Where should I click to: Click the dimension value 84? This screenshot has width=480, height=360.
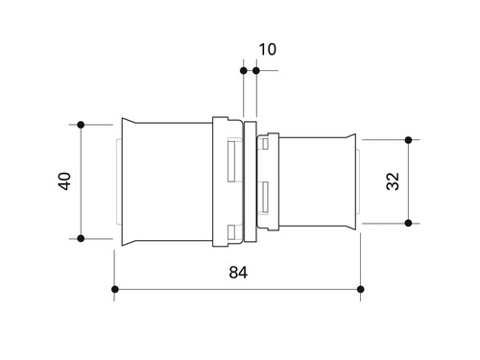(238, 273)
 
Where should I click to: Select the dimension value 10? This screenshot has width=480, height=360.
(267, 49)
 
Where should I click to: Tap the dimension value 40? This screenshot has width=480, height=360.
(65, 181)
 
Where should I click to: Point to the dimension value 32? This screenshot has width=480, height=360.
(393, 181)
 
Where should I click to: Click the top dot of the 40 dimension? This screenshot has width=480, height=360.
(81, 125)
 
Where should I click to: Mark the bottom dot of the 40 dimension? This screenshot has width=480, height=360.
(81, 238)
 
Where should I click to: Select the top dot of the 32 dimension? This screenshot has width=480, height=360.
(408, 140)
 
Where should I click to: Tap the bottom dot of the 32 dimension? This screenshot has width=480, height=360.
(408, 223)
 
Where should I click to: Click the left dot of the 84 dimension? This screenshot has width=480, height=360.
(115, 289)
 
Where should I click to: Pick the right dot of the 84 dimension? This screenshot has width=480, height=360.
(361, 289)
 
